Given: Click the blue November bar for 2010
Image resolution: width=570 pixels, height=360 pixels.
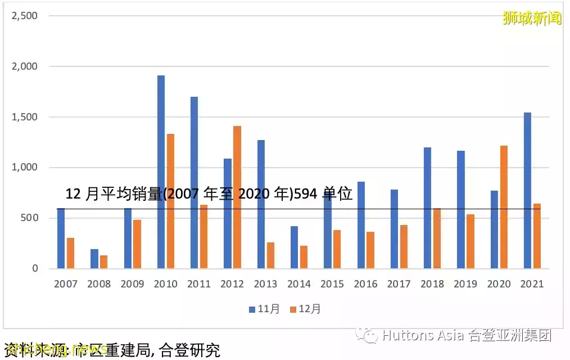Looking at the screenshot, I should coord(161,172).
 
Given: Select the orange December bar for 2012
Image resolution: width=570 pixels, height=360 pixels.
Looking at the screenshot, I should coord(237,197).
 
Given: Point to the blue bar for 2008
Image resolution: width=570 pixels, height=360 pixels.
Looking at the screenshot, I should coord(94,259).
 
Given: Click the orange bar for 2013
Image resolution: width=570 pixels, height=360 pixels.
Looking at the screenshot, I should coord(271,255).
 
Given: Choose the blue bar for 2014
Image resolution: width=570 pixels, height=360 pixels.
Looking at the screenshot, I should coord(294,247).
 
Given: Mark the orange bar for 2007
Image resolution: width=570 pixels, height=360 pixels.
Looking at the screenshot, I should coord(71,253).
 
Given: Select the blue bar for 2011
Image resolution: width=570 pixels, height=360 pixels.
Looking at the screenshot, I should coord(194,182).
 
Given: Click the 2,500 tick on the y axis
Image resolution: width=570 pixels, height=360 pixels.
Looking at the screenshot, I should coord(25,16).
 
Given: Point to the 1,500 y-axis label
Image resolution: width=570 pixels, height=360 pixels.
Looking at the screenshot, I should coord(25,117).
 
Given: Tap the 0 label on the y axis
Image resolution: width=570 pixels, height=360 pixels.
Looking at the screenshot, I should coord(35,269).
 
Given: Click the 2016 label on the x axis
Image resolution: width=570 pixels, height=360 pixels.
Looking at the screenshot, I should coord(365,284).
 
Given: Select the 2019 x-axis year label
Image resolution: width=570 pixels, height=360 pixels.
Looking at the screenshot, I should coord(465,284).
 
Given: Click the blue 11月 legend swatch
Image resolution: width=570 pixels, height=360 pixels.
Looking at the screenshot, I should coord(252,309).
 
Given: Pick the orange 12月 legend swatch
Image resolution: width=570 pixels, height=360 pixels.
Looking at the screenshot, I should coord(293,309).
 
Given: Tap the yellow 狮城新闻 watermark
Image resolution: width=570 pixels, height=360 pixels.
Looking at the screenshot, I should coord(532,18).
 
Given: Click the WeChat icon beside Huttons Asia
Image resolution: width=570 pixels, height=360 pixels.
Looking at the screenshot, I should coord(369,336).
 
